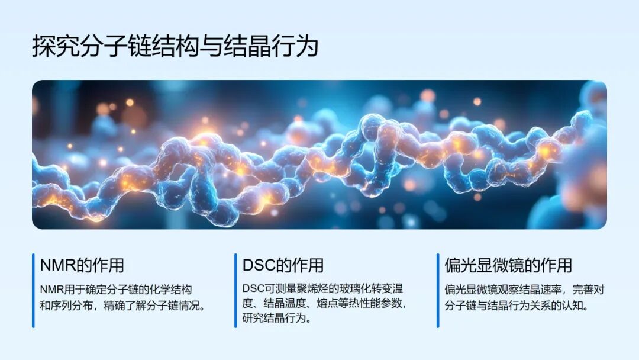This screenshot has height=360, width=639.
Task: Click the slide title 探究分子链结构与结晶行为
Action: click(175, 46)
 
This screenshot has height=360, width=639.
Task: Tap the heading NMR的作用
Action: click(82, 265)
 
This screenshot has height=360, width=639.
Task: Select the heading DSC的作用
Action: click(283, 265)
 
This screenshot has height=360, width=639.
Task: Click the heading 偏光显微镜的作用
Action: click(508, 265)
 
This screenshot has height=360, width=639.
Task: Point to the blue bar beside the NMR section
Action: click(33, 290)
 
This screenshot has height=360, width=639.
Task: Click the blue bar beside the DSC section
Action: click(235, 290)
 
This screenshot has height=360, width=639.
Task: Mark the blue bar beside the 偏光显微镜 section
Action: click(438, 290)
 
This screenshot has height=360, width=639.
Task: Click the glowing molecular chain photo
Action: click(319, 155)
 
